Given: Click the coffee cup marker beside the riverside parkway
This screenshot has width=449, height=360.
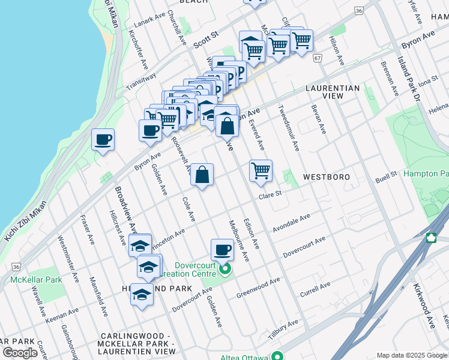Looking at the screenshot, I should point(103,140).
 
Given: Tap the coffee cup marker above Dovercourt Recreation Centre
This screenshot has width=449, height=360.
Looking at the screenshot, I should point(222,250).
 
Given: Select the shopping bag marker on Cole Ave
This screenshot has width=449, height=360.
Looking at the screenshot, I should point(202,175).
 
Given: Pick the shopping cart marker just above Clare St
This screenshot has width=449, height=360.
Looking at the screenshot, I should point(261,171).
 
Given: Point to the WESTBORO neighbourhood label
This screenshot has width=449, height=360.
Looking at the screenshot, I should point(326,178).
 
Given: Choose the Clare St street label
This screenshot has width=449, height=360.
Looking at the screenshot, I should point(270,194).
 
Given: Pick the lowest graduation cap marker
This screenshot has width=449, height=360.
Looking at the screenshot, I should point(142,295).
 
